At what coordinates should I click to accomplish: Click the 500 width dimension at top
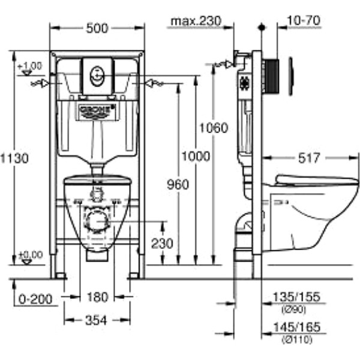97,28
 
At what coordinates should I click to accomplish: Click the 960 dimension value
178,185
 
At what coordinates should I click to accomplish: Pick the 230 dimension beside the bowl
162,244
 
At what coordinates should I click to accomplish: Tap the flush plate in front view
97,76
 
